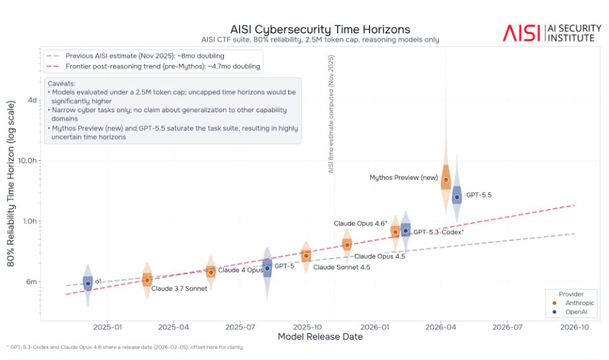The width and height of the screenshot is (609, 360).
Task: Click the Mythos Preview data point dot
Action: tap(446, 180)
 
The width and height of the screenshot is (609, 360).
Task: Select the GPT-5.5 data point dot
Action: tap(457, 198)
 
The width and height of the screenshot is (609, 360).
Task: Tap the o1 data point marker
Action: tap(88, 284)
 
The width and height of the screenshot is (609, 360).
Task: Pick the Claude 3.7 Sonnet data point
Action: tap(148, 280)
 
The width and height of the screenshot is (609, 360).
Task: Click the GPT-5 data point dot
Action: tap(267, 269)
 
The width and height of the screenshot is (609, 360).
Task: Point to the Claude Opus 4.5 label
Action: tap(380, 256)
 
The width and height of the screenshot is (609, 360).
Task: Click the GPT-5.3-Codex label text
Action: tap(438, 232)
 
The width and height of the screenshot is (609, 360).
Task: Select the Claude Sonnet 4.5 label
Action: tap(342, 267)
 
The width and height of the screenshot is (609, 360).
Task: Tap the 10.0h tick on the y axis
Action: tap(27, 161)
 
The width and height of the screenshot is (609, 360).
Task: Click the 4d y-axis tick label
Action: tap(32, 100)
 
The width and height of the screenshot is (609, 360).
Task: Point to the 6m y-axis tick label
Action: tap(31, 282)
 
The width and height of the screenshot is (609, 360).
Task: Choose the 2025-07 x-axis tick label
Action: tap(240, 327)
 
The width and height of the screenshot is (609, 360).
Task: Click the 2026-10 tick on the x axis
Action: tap(574, 327)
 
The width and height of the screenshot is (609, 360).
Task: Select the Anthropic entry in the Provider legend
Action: tap(574, 303)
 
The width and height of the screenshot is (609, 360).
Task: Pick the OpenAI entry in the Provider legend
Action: tap(571, 312)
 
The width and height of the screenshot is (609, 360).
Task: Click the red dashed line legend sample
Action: tap(52, 66)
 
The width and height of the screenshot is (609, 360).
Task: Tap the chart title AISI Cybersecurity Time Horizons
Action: tap(320, 30)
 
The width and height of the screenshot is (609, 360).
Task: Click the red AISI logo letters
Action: tap(522, 33)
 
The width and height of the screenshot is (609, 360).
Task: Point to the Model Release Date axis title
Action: tap(320, 337)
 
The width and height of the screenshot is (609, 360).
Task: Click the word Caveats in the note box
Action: tap(62, 83)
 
